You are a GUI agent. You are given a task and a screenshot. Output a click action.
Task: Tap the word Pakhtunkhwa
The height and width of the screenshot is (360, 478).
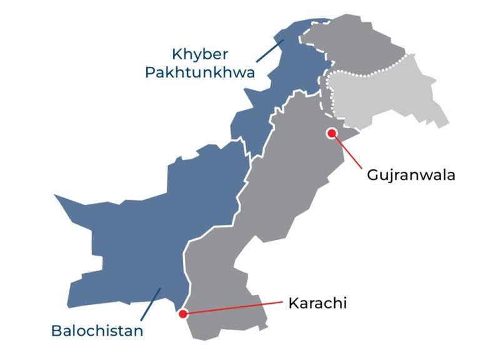pyautogui.click(x=200, y=72)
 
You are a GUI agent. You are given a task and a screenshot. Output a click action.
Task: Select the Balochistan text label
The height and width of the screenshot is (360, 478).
pyautogui.click(x=97, y=330)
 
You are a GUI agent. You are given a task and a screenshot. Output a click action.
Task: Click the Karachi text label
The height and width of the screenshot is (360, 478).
pyautogui.click(x=317, y=304)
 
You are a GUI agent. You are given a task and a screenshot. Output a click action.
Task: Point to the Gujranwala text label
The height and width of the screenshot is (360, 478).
pyautogui.click(x=411, y=175)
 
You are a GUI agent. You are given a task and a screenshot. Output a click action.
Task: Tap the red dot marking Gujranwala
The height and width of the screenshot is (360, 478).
pyautogui.click(x=332, y=133)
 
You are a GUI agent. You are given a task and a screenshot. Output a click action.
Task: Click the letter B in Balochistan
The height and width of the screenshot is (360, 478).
pyautogui.click(x=56, y=330)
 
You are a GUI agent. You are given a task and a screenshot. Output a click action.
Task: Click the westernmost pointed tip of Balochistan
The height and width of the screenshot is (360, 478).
pyautogui.click(x=55, y=196)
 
